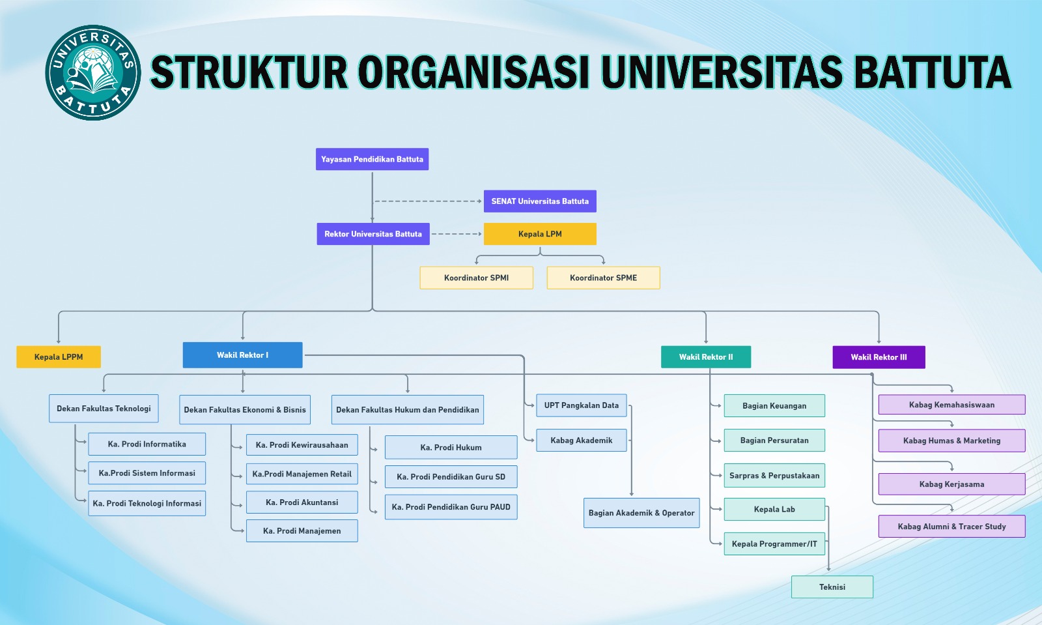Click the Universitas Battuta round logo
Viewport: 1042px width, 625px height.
(92, 72)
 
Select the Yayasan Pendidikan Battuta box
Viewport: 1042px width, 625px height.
(372, 159)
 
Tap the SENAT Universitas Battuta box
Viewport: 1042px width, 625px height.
(540, 201)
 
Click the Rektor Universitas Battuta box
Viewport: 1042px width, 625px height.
(373, 234)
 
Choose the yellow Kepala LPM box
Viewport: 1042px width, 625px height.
(540, 234)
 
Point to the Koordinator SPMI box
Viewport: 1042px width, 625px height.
(476, 278)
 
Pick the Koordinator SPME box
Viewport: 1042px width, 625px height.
(603, 278)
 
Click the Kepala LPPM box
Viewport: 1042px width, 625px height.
(59, 357)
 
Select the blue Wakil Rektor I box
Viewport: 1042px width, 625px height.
(242, 355)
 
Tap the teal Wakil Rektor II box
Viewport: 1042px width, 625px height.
(706, 357)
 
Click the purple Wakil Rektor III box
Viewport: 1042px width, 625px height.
(879, 357)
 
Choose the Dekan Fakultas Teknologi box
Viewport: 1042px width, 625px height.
(104, 409)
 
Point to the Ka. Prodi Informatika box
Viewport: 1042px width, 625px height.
(147, 444)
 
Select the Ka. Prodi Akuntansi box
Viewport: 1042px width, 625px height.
(302, 502)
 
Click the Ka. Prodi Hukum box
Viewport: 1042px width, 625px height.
(451, 448)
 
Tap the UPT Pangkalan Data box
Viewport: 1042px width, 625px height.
(582, 405)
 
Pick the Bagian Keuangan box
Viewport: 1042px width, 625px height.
(774, 406)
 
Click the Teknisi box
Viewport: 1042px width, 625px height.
(832, 587)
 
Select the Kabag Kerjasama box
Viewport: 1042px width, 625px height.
(951, 484)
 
